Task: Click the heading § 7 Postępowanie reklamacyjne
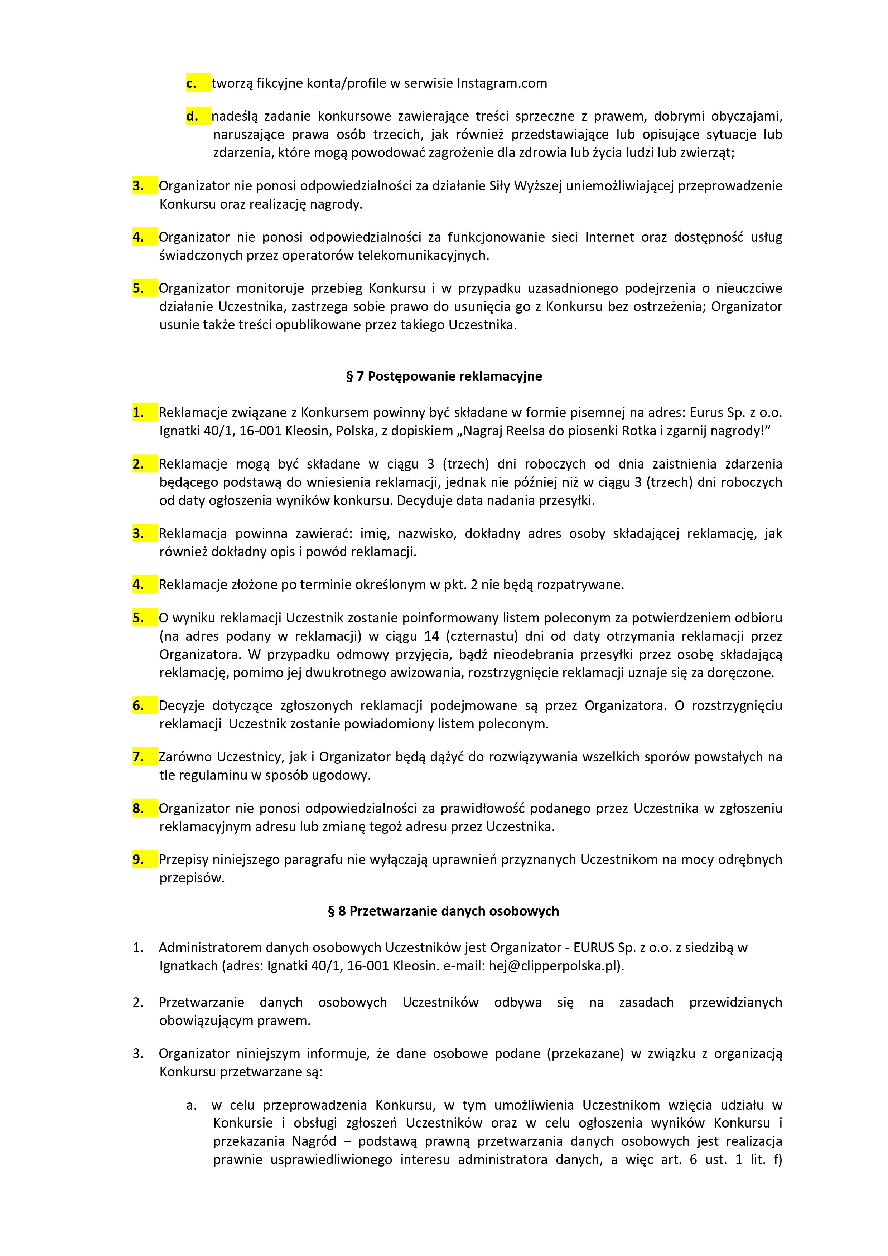[x=444, y=376]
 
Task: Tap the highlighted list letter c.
[x=192, y=83]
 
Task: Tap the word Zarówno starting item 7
[x=184, y=757]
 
